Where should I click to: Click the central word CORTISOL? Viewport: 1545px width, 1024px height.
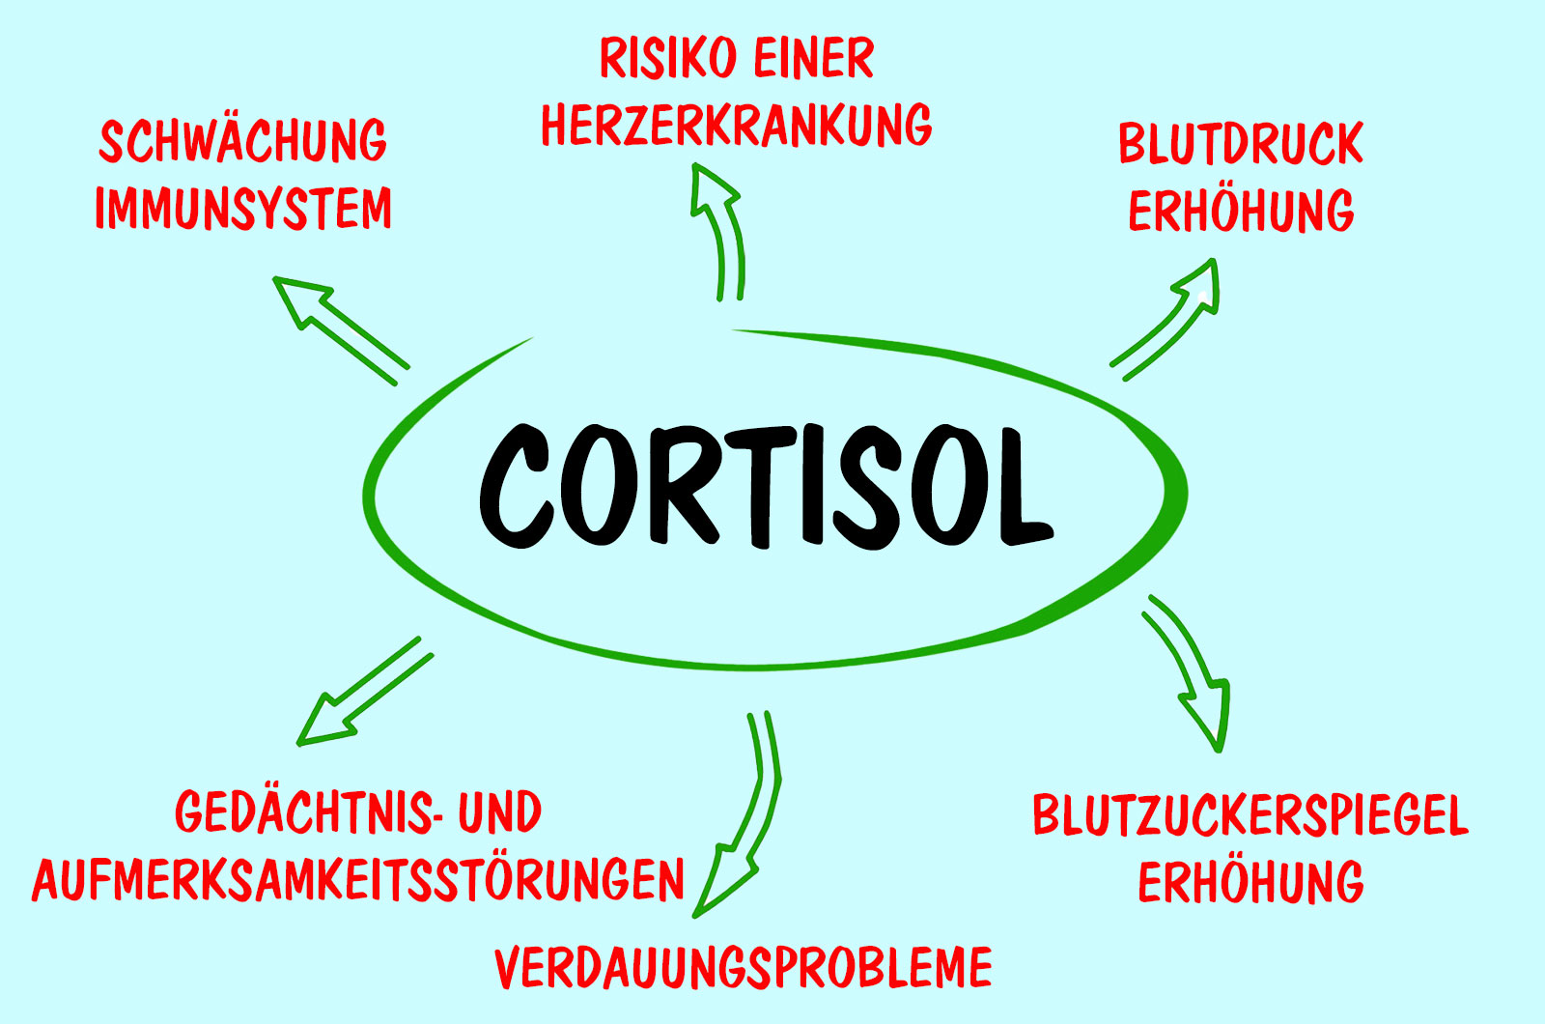pyautogui.click(x=765, y=486)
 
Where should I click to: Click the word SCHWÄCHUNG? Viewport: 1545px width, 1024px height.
pyautogui.click(x=243, y=142)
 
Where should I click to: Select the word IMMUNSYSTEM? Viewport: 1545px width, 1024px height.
pyautogui.click(x=243, y=209)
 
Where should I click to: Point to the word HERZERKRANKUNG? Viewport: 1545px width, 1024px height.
pyautogui.click(x=737, y=126)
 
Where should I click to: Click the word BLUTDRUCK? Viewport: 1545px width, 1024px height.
pyautogui.click(x=1241, y=145)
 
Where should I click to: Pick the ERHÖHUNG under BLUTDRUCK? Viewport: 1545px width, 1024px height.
pyautogui.click(x=1241, y=212)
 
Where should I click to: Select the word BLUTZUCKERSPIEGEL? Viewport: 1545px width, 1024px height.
pyautogui.click(x=1250, y=816)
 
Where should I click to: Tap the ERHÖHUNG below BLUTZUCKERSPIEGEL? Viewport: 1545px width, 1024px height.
pyautogui.click(x=1250, y=883)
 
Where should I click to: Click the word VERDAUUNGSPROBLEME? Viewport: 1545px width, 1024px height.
pyautogui.click(x=744, y=968)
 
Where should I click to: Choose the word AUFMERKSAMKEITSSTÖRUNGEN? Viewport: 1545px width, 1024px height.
pyautogui.click(x=358, y=881)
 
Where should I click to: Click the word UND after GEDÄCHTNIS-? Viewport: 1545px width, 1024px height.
pyautogui.click(x=499, y=812)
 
